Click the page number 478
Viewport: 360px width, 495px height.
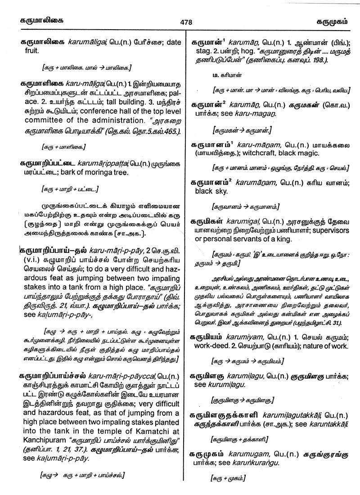pos(186,22)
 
